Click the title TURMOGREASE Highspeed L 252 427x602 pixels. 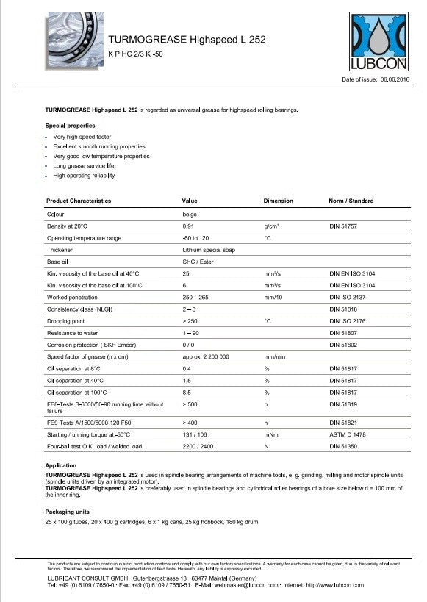(187, 40)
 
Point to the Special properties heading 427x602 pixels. (71, 126)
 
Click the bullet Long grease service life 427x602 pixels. (84, 166)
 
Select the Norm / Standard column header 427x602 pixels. (351, 201)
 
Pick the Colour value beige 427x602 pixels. (189, 214)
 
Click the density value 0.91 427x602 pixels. (187, 226)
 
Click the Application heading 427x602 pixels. (61, 466)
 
